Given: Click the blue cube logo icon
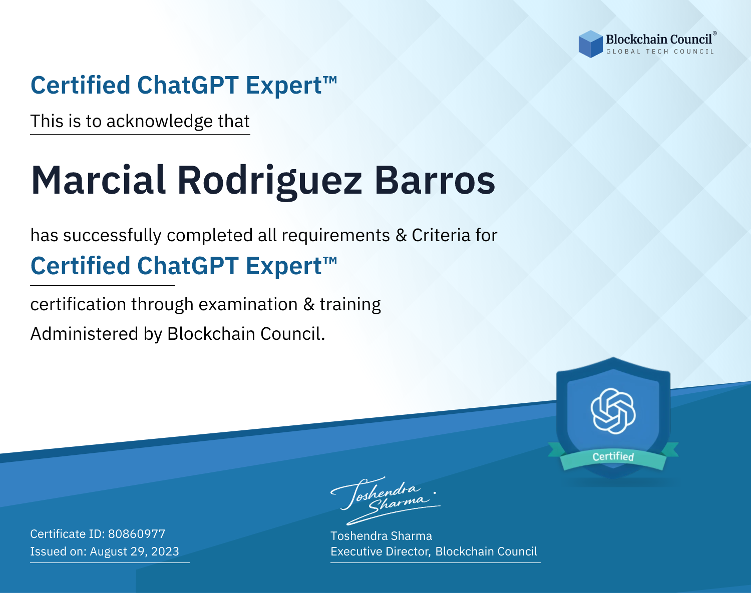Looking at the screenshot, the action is click(x=590, y=44).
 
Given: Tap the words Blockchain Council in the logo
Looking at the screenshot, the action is click(x=659, y=40).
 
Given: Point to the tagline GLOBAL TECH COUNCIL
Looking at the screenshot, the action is click(x=660, y=52).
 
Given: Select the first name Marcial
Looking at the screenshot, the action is click(x=98, y=180).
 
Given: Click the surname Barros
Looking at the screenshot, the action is click(x=435, y=180).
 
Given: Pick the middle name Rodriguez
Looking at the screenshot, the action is click(x=270, y=182).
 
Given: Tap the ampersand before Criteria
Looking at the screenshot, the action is click(x=402, y=236).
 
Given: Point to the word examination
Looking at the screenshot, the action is click(x=248, y=304).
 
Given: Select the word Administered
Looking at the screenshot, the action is click(x=84, y=334).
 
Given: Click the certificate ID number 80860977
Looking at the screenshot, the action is click(x=137, y=533).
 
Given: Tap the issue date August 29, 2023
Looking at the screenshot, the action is click(x=134, y=551).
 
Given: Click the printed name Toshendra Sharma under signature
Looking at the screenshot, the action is click(x=381, y=536).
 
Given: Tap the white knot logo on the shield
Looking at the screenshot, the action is click(x=613, y=411).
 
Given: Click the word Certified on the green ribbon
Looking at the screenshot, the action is click(x=613, y=456).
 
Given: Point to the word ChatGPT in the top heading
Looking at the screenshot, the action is click(x=188, y=86).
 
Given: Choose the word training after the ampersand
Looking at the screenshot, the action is click(x=350, y=305).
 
